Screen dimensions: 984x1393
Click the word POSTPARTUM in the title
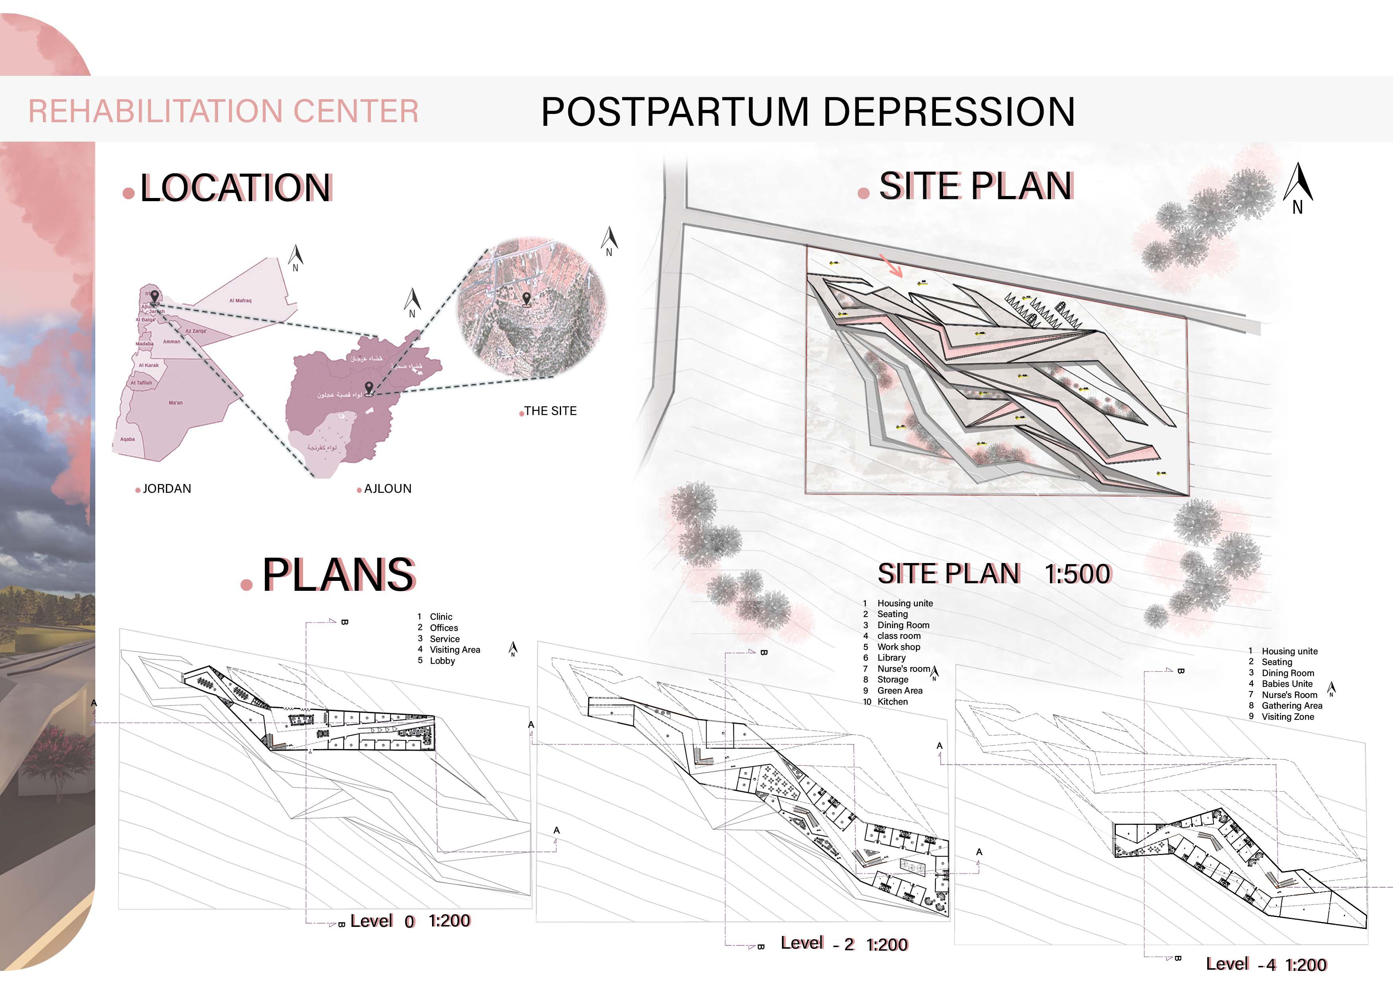[x=675, y=112]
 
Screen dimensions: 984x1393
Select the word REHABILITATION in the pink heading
[x=155, y=111]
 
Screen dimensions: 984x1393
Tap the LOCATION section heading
[x=235, y=188]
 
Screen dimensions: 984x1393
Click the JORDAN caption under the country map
[x=166, y=489]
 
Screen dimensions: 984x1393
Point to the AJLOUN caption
[x=387, y=489]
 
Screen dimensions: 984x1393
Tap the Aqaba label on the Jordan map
[x=127, y=439]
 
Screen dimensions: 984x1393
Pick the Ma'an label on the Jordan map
[x=176, y=403]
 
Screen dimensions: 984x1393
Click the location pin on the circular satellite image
[x=526, y=299]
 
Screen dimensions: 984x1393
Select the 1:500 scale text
[x=1078, y=574]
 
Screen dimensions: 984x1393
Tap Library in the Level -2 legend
[x=891, y=658]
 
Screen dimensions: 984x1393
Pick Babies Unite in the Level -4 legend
[x=1287, y=684]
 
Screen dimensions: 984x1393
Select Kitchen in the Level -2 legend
[x=893, y=702]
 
